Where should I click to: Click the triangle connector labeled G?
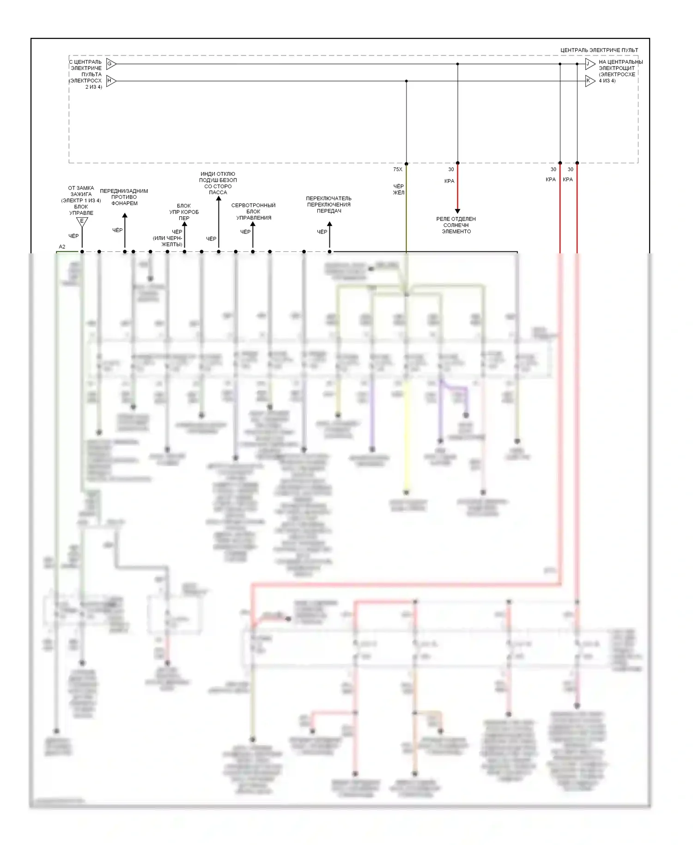pos(110,64)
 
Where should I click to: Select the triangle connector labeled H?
pos(110,81)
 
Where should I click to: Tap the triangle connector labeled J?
pos(589,64)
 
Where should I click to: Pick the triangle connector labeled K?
pos(589,81)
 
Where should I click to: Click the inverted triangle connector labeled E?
pos(82,222)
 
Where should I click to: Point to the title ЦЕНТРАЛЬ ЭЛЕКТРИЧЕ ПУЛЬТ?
pos(599,50)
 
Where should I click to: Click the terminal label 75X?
pos(397,170)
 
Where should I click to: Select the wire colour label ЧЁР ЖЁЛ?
pos(398,190)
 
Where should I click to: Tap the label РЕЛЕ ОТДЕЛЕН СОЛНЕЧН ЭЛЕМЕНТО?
pos(456,225)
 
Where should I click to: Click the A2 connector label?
pos(62,247)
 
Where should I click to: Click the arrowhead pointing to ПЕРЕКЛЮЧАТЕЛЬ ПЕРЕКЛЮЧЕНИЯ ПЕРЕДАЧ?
pos(329,225)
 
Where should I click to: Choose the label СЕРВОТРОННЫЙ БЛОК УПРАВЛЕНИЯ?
pos(253,211)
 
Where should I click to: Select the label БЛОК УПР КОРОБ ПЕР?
pos(184,212)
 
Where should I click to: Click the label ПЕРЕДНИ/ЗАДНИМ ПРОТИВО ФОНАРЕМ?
pos(124,197)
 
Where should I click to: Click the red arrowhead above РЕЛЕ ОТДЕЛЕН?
pos(457,211)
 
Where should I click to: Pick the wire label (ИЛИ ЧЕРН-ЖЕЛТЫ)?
pos(168,241)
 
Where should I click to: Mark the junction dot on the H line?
pos(406,81)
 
